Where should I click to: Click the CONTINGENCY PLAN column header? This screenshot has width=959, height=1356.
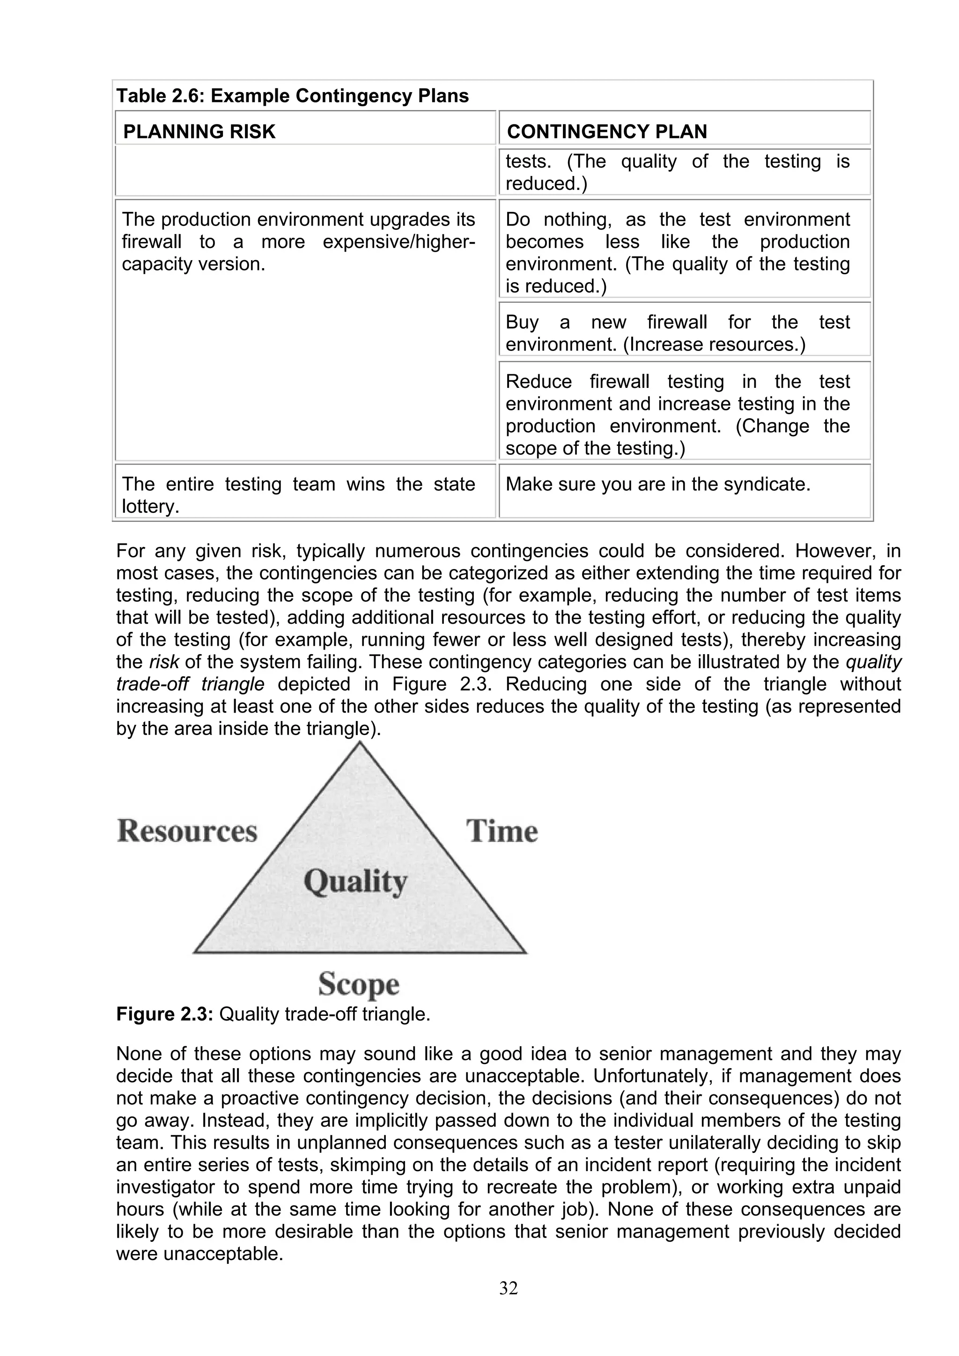607,131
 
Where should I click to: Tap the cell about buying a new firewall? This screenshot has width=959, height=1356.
677,333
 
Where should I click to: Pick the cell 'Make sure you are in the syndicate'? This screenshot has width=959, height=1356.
657,484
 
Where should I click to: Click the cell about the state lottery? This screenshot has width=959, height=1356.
298,495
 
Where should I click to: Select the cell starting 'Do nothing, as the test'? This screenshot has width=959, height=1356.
677,252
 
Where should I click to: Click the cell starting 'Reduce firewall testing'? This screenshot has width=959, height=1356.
677,415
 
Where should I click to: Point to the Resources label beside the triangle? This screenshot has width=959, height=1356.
187,831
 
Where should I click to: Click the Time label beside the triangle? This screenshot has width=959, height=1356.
502,831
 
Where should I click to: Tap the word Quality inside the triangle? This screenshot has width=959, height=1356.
356,882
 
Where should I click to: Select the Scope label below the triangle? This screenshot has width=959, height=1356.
359,984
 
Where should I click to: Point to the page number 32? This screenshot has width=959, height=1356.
508,1288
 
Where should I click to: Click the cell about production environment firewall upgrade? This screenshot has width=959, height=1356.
298,241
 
